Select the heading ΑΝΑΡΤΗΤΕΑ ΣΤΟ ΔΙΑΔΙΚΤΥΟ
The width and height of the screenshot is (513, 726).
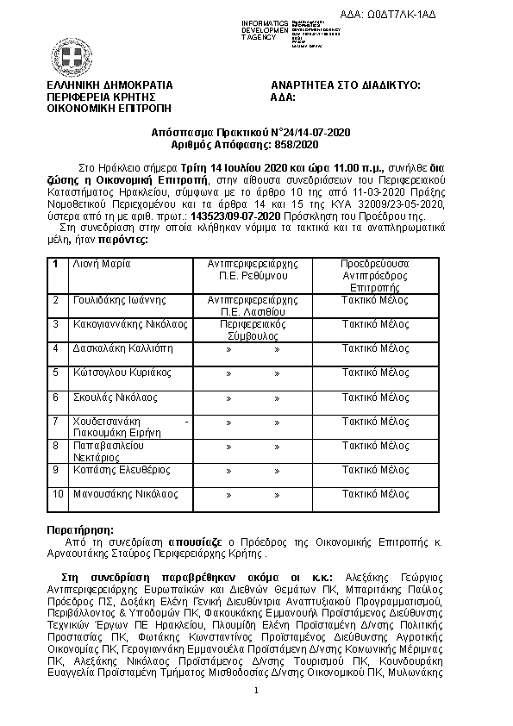pos(345,85)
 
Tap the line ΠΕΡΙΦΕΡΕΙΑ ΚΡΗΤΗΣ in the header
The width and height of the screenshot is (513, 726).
pos(97,97)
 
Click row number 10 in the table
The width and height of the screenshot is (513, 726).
pos(58,494)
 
